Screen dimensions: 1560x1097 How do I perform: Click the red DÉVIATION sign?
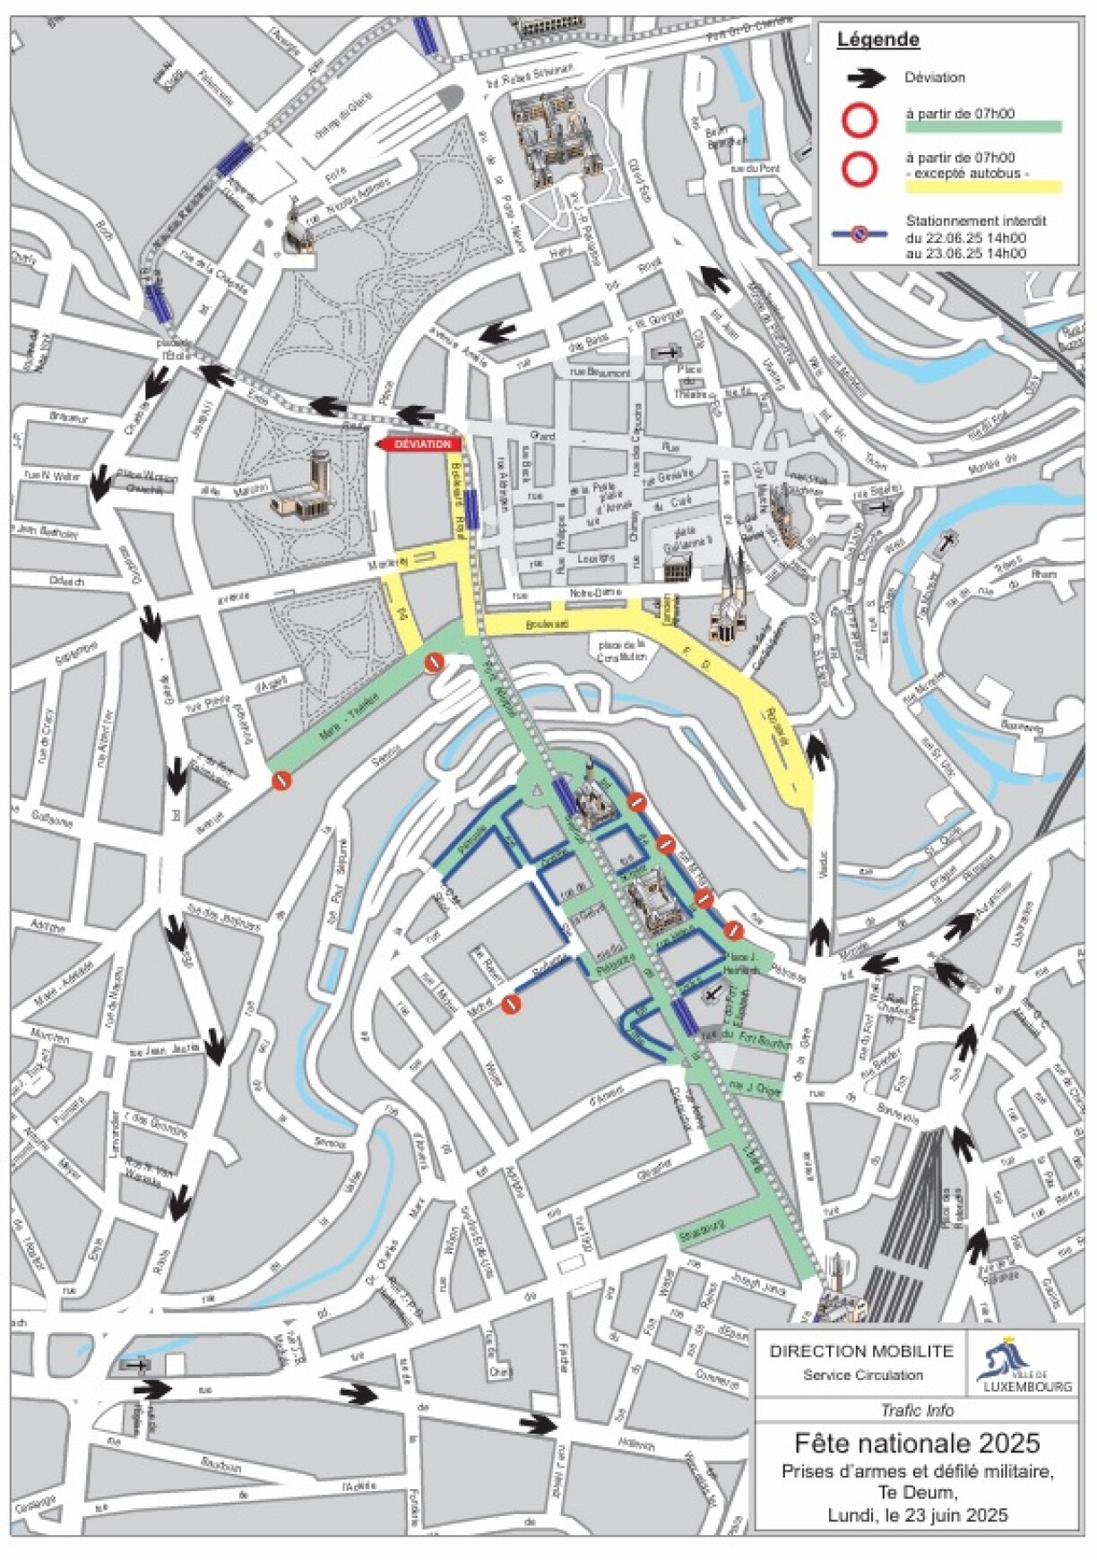coord(420,444)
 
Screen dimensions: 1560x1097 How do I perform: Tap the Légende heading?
coord(877,40)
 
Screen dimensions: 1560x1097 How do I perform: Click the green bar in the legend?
coord(982,127)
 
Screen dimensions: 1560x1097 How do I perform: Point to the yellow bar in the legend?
coord(982,187)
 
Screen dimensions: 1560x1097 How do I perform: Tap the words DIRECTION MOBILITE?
coord(860,1351)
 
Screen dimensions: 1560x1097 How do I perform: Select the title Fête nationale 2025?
coord(916,1444)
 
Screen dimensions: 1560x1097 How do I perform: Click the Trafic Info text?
coord(917,1410)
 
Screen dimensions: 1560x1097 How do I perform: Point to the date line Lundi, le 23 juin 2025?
coord(917,1515)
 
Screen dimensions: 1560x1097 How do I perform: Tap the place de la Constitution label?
coord(621,651)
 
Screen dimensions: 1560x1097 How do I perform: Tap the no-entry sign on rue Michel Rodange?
coord(511,1004)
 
